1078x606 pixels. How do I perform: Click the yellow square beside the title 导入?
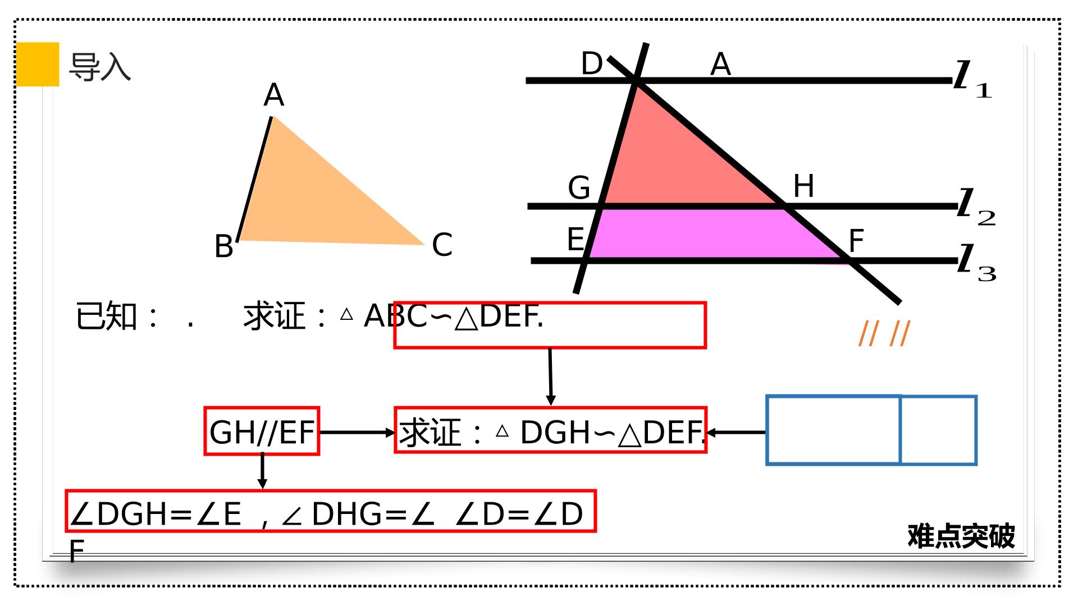[x=38, y=64]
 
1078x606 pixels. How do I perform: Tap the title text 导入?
[x=100, y=67]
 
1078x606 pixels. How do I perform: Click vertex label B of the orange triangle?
[x=224, y=246]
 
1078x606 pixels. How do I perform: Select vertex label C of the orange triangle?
[x=442, y=245]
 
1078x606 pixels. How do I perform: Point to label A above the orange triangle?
[x=274, y=95]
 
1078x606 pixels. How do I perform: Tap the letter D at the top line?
[x=592, y=63]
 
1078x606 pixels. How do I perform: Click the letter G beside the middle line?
[x=579, y=187]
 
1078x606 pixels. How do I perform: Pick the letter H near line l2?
[x=803, y=186]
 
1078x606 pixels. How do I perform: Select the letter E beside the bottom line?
[x=575, y=240]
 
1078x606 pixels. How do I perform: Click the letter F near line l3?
[x=856, y=241]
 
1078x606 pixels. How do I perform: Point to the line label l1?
[x=973, y=80]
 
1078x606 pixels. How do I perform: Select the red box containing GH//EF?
[x=262, y=431]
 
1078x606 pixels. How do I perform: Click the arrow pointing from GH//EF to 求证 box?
[x=358, y=433]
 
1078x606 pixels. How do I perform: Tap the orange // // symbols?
[x=884, y=334]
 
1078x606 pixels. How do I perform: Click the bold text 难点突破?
[x=961, y=536]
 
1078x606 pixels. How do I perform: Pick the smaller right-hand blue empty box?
[x=939, y=430]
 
